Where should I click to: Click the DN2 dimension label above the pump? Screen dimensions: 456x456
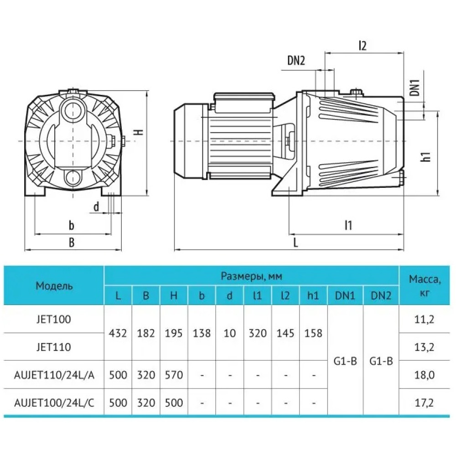coord(296,61)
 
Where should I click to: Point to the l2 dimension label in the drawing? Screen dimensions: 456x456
coord(363,45)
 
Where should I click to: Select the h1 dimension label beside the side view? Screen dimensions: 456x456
coord(426,156)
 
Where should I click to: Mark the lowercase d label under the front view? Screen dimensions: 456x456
coord(96,207)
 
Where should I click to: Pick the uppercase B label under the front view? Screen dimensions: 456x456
coord(72,242)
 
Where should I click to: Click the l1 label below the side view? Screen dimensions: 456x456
coord(348,225)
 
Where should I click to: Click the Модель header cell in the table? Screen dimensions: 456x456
coord(54,286)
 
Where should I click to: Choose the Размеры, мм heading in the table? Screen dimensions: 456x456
coord(251,276)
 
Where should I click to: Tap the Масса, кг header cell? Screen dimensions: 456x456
coord(425,286)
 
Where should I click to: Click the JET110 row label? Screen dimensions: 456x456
coord(54,347)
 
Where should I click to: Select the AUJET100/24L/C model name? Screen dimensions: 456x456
coord(54,403)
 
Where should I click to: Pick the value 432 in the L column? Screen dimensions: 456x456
coord(118,333)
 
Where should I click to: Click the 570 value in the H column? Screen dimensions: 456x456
coord(174,375)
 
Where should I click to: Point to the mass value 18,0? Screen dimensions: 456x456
coord(424,375)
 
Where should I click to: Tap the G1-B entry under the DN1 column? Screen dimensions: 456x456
coord(345,361)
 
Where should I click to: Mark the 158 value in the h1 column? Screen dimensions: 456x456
coord(313,333)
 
